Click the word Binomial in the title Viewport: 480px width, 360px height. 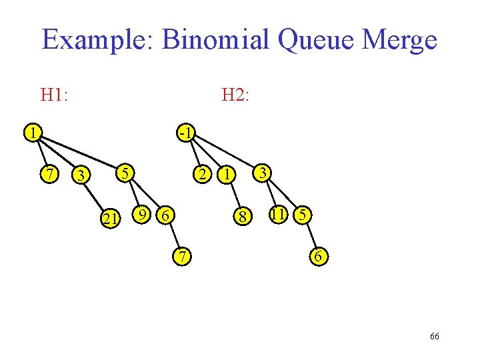coord(211,40)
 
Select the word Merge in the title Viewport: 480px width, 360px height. coord(401,40)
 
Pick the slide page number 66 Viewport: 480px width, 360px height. coord(434,337)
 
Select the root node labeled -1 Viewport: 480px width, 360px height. coord(185,132)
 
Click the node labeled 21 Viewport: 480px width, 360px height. coord(109,218)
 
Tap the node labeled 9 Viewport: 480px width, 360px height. coord(141,214)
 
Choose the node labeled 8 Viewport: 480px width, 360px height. coord(245,217)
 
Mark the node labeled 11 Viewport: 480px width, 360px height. coord(278,214)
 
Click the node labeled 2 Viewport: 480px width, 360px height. coord(199,175)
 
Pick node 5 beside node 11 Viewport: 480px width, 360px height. coord(303,215)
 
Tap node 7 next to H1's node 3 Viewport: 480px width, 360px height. coord(49,175)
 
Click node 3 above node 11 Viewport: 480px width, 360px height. coord(263,173)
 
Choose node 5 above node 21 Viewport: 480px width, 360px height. coord(124,173)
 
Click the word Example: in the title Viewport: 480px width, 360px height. coord(97,40)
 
